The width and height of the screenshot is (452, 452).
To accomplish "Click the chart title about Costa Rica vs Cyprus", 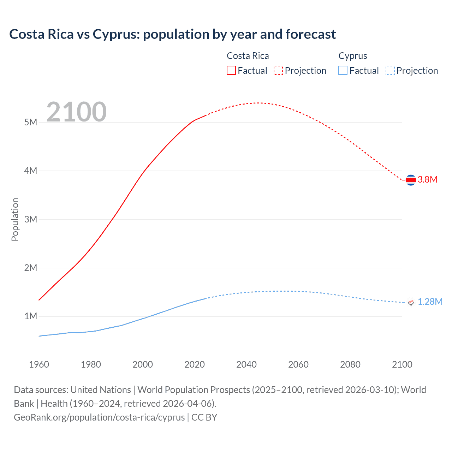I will click(x=172, y=34).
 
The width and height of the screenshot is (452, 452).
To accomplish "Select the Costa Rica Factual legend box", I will click(x=231, y=71).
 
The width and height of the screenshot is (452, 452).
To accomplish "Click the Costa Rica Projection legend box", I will click(x=278, y=71).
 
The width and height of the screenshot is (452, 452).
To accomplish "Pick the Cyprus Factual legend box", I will click(x=343, y=71).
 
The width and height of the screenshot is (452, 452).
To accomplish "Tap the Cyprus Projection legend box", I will click(x=390, y=71).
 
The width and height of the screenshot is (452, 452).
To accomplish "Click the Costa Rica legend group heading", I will click(x=248, y=56).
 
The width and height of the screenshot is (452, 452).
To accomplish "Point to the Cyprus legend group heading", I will click(x=352, y=56).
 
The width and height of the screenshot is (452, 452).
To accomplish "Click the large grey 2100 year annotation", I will click(x=76, y=112).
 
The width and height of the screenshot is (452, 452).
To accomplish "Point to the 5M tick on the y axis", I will click(x=31, y=122).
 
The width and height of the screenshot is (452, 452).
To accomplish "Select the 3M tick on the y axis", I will click(x=31, y=219).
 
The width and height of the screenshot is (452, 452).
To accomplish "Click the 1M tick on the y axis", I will click(x=31, y=316).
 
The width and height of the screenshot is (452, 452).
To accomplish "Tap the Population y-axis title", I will click(x=15, y=219).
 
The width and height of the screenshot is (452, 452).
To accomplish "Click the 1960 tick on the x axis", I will click(x=39, y=364).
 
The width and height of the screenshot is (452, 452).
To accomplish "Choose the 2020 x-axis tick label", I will click(x=195, y=364).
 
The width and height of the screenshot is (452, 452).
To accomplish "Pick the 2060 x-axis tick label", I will click(x=298, y=364).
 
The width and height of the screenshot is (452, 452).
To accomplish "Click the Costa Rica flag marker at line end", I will click(x=411, y=180).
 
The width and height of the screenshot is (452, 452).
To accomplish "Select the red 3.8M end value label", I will click(x=427, y=179).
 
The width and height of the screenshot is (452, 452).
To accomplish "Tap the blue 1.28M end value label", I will click(x=430, y=302).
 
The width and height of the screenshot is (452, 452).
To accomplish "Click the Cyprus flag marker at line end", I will click(x=411, y=302).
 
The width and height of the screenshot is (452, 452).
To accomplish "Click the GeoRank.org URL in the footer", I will click(x=99, y=417).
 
